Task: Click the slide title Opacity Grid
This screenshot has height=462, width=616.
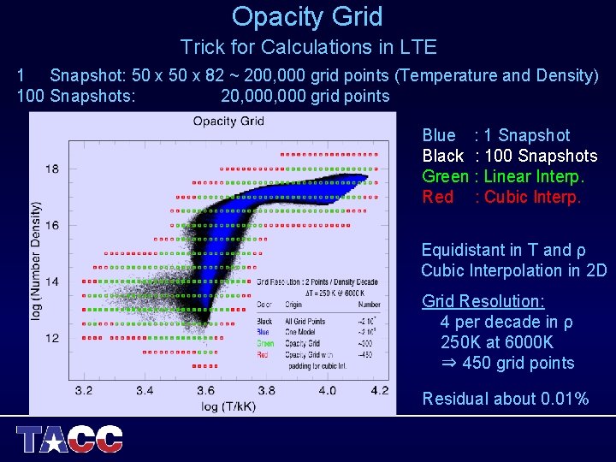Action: click(x=307, y=16)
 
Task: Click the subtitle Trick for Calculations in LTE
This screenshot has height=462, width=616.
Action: click(x=308, y=47)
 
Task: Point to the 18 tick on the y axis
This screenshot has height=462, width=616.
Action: click(x=53, y=169)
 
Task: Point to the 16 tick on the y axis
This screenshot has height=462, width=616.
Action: click(x=53, y=225)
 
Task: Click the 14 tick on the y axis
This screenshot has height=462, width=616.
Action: click(x=53, y=281)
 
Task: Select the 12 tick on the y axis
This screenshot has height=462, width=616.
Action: click(x=53, y=338)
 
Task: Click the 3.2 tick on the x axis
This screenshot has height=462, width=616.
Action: click(x=84, y=391)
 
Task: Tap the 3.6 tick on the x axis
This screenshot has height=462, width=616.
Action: click(x=206, y=391)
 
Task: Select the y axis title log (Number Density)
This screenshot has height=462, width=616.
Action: click(x=37, y=261)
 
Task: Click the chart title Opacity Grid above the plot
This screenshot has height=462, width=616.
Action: click(x=228, y=121)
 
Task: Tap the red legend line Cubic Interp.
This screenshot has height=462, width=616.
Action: click(x=501, y=198)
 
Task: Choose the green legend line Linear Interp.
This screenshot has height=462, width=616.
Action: click(x=503, y=177)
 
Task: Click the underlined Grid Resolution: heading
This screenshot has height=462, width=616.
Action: click(x=483, y=301)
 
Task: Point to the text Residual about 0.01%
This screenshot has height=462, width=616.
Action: click(x=506, y=399)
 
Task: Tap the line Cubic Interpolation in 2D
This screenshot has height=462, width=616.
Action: click(x=513, y=270)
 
